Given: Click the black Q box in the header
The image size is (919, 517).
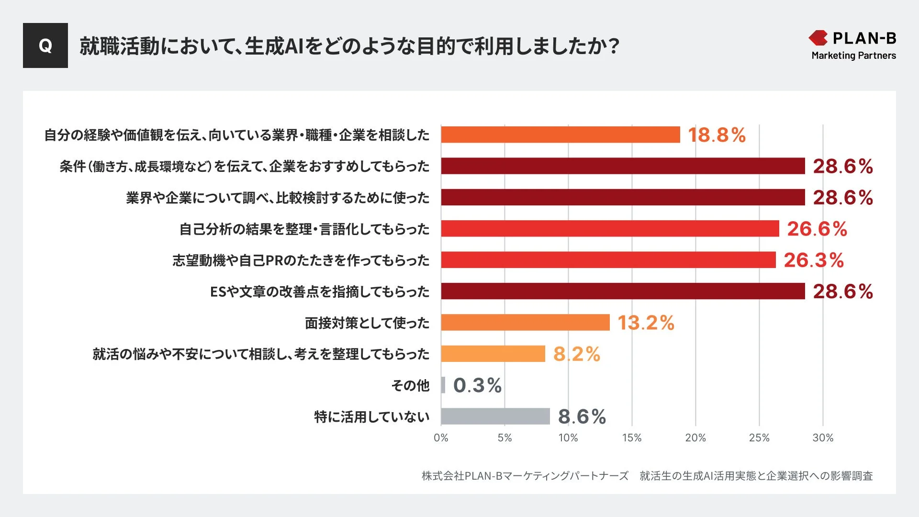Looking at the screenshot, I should pos(45,45).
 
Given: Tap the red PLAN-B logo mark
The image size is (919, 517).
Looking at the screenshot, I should pos(818,38).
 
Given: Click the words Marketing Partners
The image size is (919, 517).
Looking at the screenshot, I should pos(853,56).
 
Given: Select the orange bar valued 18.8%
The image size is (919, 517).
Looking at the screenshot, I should pos(560,135).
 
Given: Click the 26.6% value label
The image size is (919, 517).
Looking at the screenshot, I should pos(817,229).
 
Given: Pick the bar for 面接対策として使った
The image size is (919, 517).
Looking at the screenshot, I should pos(525,322).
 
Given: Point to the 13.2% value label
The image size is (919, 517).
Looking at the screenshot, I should pos(645,323).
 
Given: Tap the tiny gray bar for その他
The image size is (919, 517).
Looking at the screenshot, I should pos(443,385).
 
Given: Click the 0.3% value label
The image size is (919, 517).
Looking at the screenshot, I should pos(477,385).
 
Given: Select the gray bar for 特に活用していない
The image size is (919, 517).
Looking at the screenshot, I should pos(495,416).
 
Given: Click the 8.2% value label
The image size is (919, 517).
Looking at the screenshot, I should pos(576,354).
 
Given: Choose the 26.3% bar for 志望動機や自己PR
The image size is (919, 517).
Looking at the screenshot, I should pos(608,260).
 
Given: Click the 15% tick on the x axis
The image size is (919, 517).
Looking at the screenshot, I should pos(631,438).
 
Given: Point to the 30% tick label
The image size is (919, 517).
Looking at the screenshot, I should pos(822,438).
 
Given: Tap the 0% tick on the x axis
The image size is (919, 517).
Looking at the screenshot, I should pos(441,438).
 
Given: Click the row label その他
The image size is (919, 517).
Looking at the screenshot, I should pos(410,385).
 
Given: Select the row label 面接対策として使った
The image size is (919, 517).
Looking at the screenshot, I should pos(367,323).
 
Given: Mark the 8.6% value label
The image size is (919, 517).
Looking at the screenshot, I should pos(582,416).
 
